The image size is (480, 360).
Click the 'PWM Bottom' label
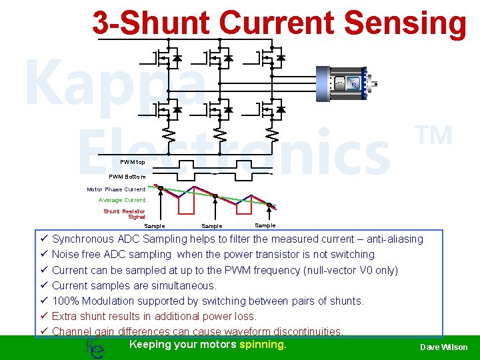pos(127,177)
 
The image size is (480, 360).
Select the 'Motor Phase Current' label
pos(116,189)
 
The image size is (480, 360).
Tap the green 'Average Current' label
pos(122,200)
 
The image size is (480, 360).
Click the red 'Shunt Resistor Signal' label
pos(125,214)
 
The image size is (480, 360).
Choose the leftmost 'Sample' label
pos(155,227)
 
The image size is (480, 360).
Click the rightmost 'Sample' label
pos(265,225)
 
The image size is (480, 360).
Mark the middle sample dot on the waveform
pos(215,196)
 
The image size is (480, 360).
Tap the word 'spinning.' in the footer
pos(263,345)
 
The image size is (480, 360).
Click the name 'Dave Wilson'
pos(443,347)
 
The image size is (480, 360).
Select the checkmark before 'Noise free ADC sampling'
pos(43,255)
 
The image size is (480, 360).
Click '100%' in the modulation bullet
pos(65,301)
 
